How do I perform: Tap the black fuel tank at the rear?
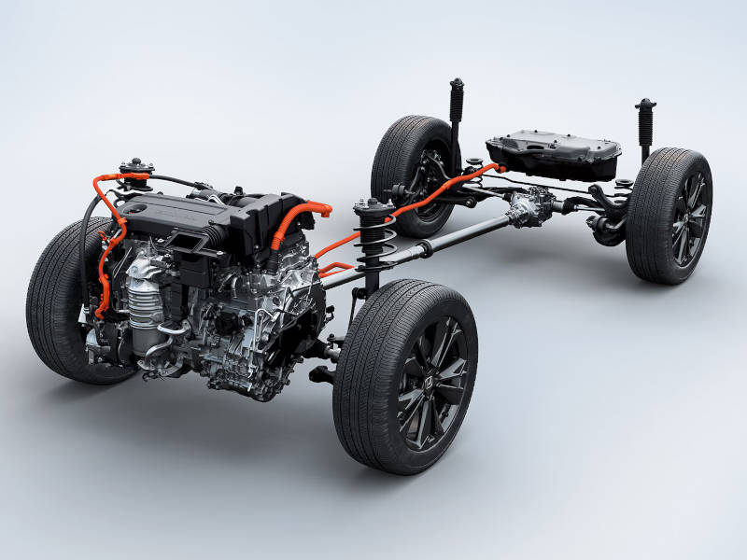point(552,152)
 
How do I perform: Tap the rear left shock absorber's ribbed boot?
point(457,101)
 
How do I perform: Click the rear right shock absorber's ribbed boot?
point(645,121)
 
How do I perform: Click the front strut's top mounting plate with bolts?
point(373,206)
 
